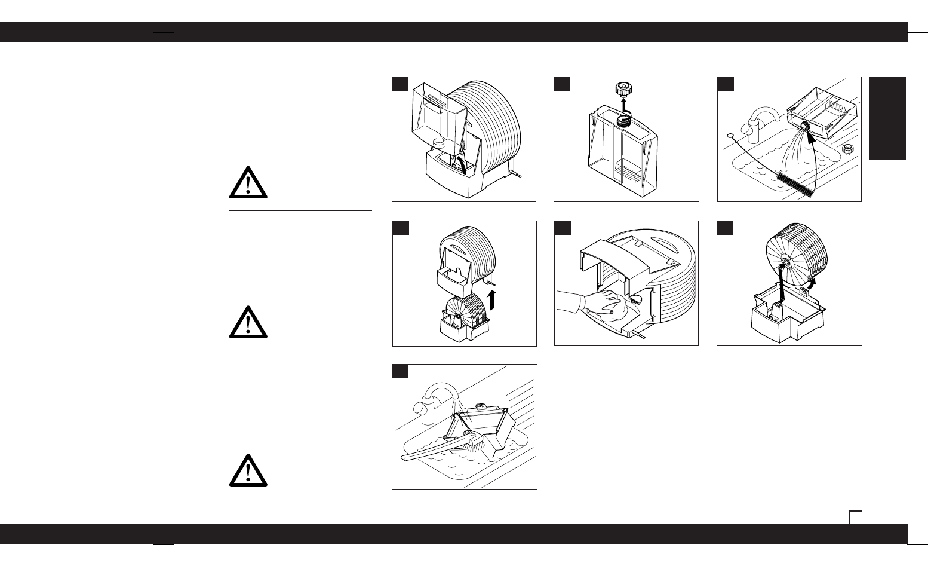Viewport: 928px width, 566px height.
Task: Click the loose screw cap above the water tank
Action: tap(623, 91)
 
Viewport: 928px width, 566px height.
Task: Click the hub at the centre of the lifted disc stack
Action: tap(785, 262)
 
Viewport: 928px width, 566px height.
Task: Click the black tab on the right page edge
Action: tap(887, 118)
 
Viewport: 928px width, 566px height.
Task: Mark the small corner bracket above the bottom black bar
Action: tap(855, 515)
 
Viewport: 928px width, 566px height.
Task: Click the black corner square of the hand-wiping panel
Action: tap(562, 228)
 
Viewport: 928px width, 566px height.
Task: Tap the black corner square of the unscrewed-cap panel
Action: tap(562, 84)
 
